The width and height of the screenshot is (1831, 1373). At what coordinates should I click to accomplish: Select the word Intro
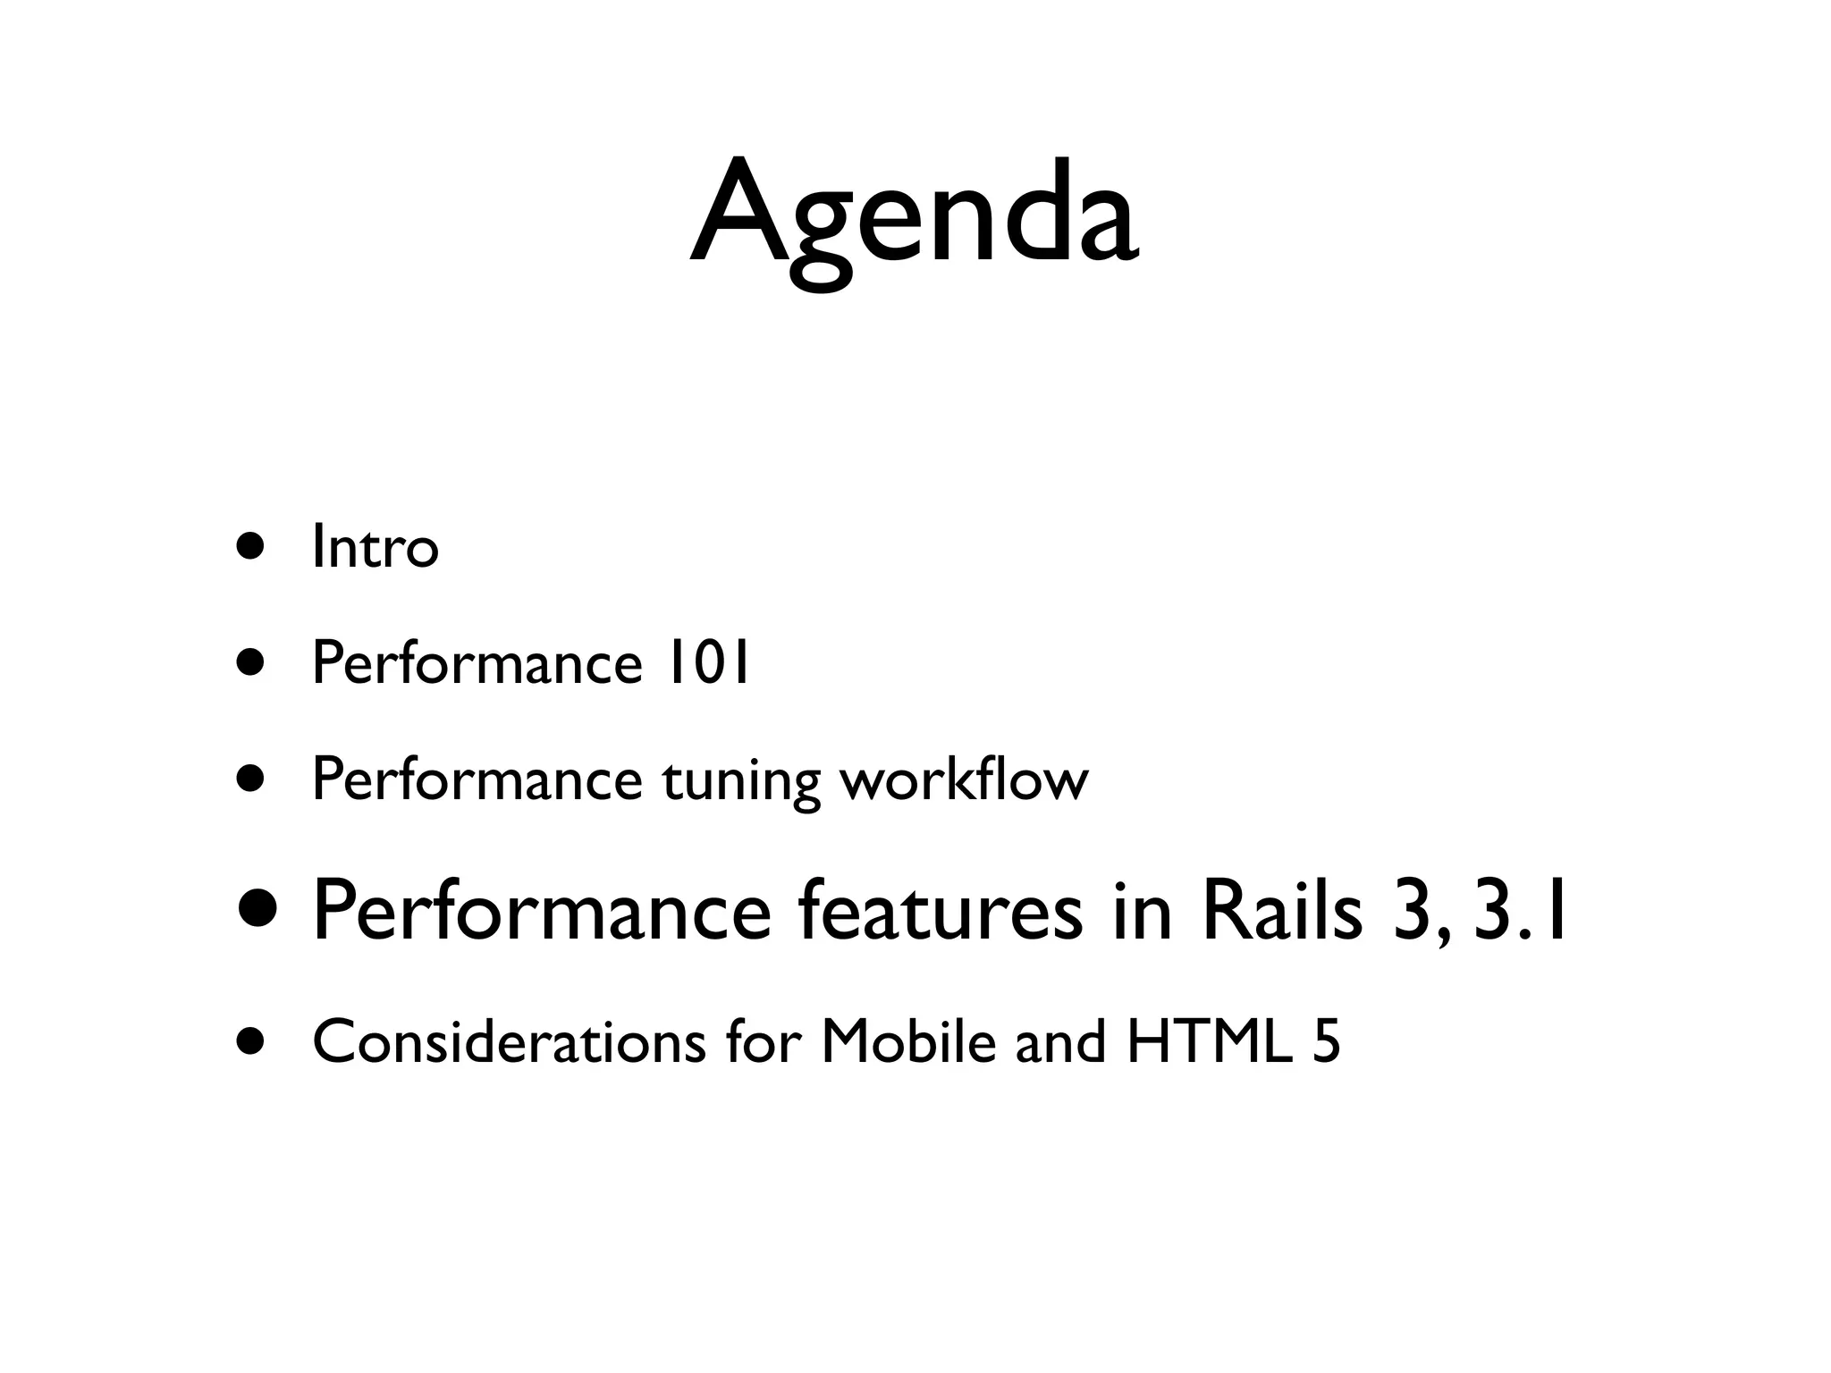pyautogui.click(x=375, y=547)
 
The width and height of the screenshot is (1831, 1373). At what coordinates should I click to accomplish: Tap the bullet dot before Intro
pyautogui.click(x=251, y=546)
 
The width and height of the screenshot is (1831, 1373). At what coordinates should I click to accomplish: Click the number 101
pyautogui.click(x=706, y=663)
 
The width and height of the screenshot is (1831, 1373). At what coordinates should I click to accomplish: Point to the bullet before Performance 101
pyautogui.click(x=251, y=663)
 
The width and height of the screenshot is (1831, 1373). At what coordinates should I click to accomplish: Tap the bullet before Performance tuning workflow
pyautogui.click(x=251, y=779)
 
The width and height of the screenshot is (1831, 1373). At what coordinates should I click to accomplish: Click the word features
pyautogui.click(x=940, y=912)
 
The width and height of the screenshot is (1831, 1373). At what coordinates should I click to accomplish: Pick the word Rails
pyautogui.click(x=1282, y=912)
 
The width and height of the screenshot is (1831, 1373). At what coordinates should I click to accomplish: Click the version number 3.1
pyautogui.click(x=1519, y=912)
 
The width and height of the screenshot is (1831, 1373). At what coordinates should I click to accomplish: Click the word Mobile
pyautogui.click(x=907, y=1042)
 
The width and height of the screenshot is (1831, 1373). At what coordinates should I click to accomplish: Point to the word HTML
pyautogui.click(x=1209, y=1042)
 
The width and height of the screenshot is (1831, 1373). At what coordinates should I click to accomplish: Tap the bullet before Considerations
pyautogui.click(x=251, y=1041)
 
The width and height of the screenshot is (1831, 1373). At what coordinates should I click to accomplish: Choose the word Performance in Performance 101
pyautogui.click(x=477, y=663)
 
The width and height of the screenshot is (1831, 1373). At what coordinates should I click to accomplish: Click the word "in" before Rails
pyautogui.click(x=1142, y=912)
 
